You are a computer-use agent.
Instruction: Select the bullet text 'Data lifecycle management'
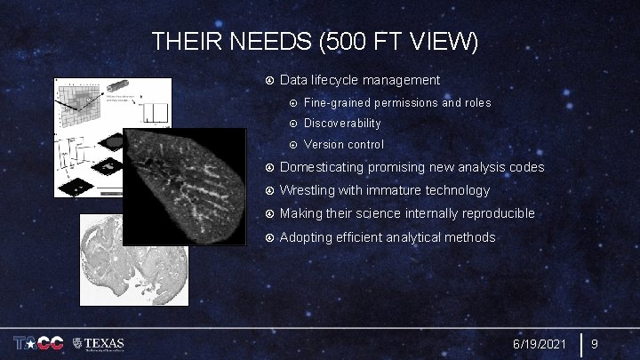(x=359, y=81)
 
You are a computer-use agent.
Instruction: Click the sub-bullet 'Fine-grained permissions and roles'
(x=396, y=103)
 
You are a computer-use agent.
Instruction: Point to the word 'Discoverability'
(x=342, y=124)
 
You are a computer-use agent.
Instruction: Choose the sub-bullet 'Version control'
(x=344, y=144)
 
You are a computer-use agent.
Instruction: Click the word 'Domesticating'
(x=323, y=167)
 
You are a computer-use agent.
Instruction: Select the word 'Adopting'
(x=307, y=236)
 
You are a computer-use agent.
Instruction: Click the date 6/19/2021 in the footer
(x=540, y=343)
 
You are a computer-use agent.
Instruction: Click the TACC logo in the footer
(x=36, y=343)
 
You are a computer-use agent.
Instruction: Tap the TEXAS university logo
(x=100, y=343)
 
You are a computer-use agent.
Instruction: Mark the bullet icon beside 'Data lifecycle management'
(x=269, y=81)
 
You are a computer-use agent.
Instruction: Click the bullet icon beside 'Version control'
(x=293, y=144)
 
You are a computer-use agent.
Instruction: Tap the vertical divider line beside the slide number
(x=580, y=343)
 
